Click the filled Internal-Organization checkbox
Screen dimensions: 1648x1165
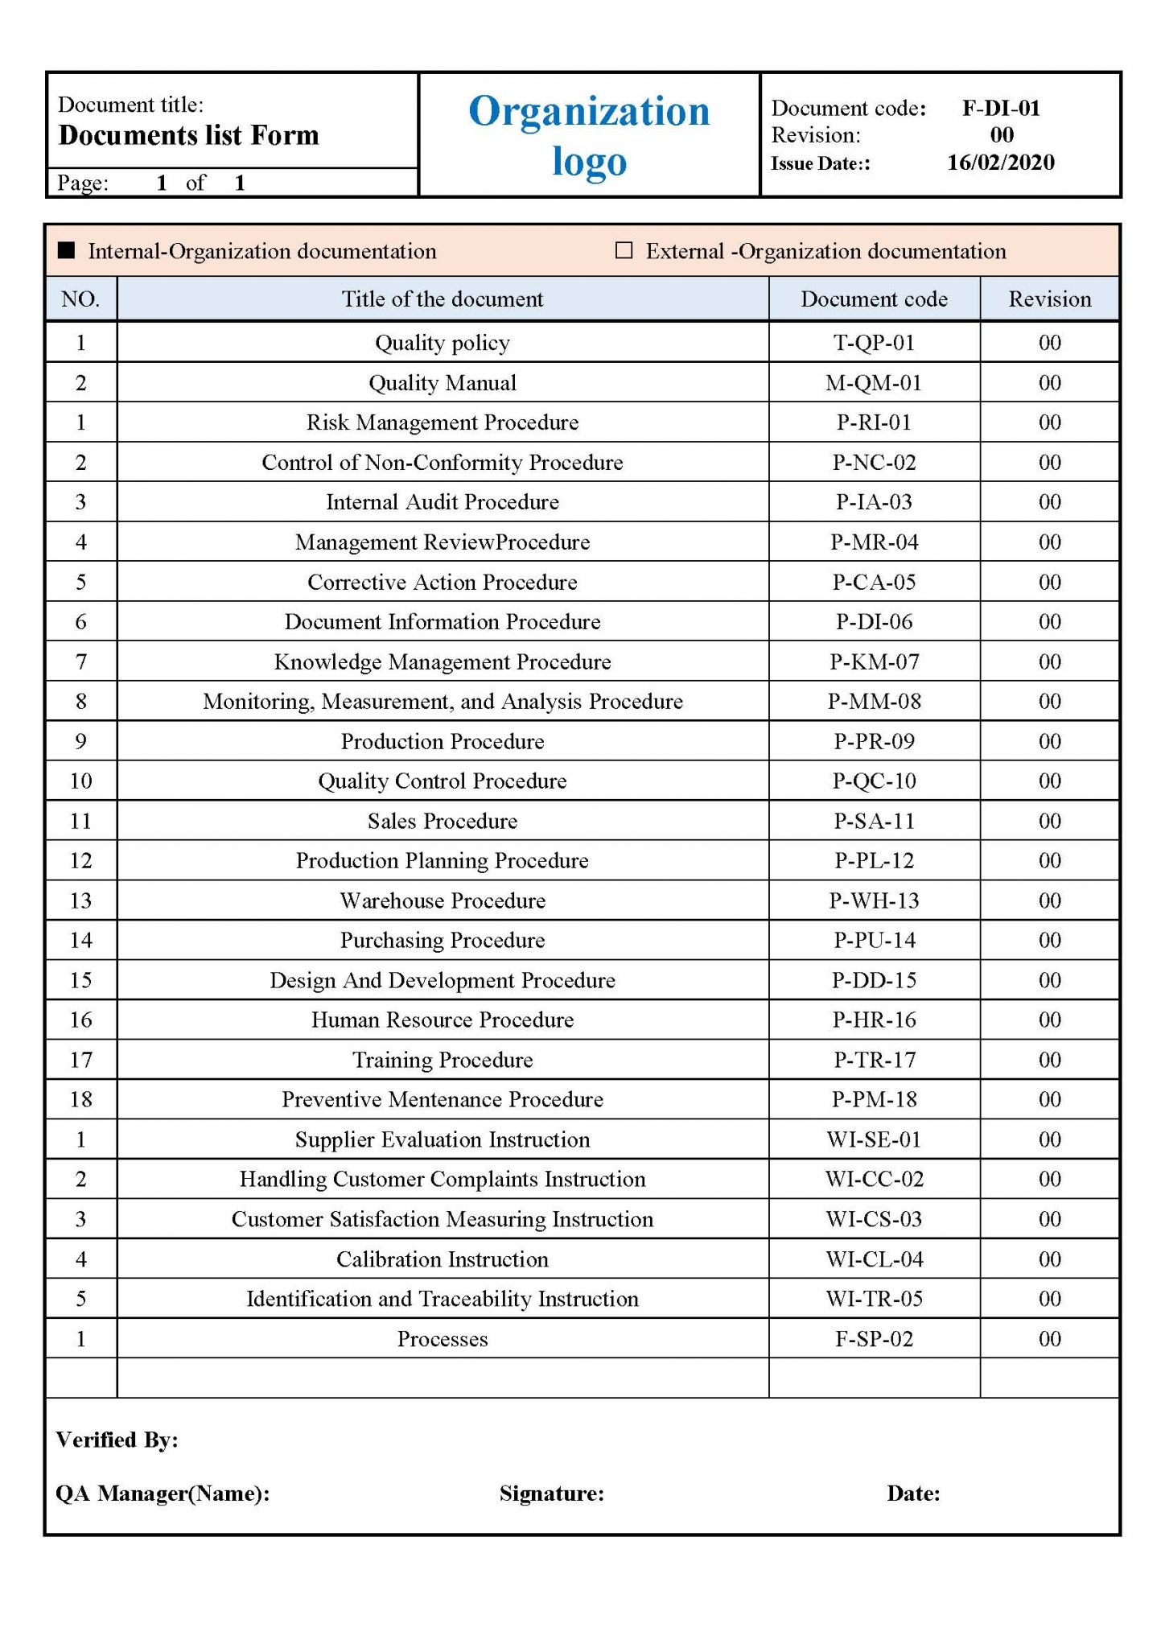click(x=67, y=251)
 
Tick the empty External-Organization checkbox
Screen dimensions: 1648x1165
click(x=624, y=250)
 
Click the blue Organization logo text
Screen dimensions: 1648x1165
click(x=589, y=135)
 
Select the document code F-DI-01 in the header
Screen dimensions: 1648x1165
click(x=1001, y=108)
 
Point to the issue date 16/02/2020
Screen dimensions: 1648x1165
click(x=1000, y=163)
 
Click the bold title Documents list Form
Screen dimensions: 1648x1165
click(x=189, y=135)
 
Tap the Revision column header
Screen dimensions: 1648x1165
click(x=1049, y=299)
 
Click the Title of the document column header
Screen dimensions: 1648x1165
click(x=443, y=299)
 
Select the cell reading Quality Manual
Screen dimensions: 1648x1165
click(x=443, y=383)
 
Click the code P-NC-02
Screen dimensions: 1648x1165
click(x=874, y=463)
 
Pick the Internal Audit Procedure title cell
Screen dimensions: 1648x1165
click(x=443, y=502)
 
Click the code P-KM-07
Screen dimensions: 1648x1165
click(x=874, y=661)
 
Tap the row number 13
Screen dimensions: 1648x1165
click(x=81, y=900)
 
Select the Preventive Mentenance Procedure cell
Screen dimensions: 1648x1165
click(x=443, y=1100)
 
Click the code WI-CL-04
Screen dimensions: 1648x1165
click(x=874, y=1259)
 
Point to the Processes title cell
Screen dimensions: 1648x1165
click(x=443, y=1339)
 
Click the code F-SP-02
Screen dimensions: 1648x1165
click(x=874, y=1339)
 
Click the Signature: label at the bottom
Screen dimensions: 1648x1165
click(x=551, y=1493)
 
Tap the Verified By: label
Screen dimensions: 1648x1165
click(x=117, y=1440)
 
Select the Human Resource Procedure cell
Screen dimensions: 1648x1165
click(x=443, y=1020)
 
